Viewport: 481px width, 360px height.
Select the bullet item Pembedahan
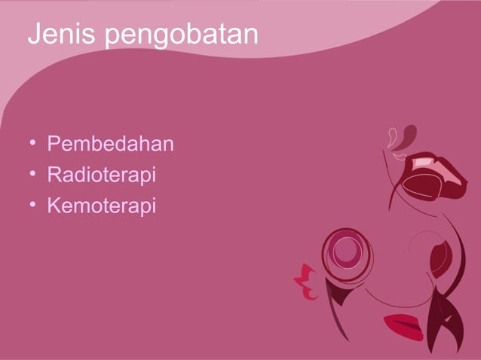coord(110,143)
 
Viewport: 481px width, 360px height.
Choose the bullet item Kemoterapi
coord(101,205)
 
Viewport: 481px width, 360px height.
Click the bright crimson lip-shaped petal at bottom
coord(403,326)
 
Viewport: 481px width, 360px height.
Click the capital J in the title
coord(35,35)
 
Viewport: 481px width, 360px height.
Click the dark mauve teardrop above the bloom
coord(407,136)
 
